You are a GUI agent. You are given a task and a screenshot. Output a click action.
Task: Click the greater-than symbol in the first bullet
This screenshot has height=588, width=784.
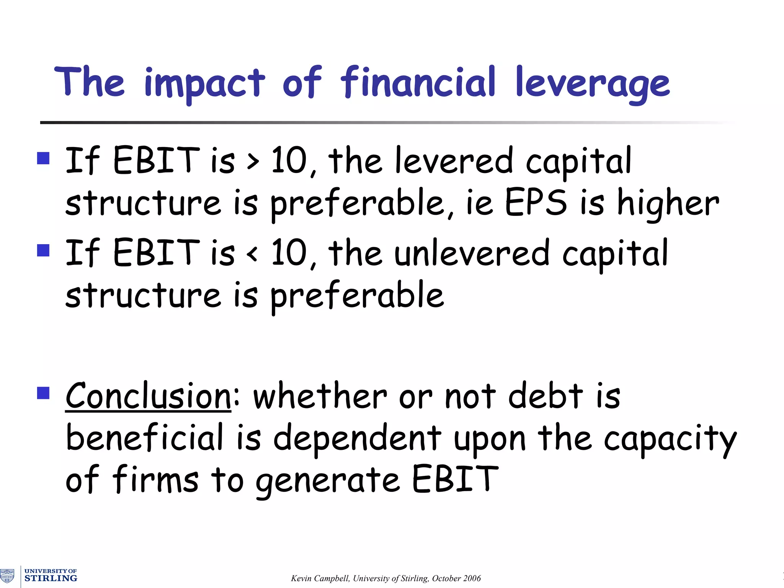(x=253, y=162)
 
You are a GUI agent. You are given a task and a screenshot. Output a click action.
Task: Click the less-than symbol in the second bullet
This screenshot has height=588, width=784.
(x=252, y=253)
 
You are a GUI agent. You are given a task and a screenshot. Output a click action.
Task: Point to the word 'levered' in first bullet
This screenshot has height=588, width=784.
(x=453, y=161)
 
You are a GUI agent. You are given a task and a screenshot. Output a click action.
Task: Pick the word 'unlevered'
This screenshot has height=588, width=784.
(x=472, y=253)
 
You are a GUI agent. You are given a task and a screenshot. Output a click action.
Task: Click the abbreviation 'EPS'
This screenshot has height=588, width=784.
(x=536, y=203)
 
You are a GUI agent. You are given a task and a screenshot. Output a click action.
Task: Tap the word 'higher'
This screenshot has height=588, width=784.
(x=668, y=204)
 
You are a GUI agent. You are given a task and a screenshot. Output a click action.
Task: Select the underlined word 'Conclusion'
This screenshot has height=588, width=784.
(x=148, y=396)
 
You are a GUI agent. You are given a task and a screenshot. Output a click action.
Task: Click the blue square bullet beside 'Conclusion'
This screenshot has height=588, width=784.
(x=43, y=393)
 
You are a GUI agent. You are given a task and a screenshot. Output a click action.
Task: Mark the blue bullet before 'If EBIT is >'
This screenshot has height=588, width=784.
(x=43, y=158)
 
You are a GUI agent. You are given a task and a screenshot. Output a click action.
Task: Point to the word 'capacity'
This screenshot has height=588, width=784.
(x=670, y=439)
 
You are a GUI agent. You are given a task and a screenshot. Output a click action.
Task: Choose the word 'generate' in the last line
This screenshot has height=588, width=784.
(x=328, y=481)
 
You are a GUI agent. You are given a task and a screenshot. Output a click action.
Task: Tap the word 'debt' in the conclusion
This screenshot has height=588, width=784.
(x=546, y=396)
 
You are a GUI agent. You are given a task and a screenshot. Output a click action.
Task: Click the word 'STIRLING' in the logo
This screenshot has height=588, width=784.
(x=51, y=578)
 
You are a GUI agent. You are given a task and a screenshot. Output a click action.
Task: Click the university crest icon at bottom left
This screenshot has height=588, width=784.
(x=7, y=576)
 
